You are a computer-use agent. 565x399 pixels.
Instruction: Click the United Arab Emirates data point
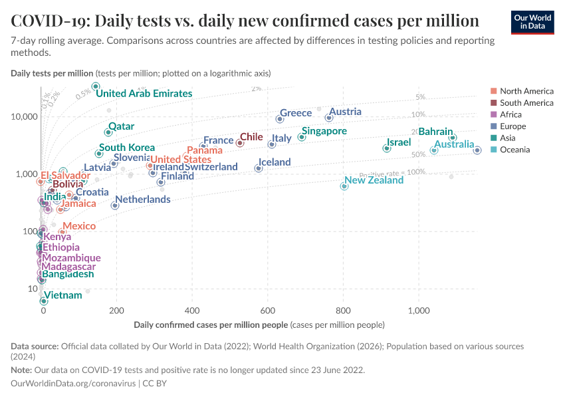coord(96,86)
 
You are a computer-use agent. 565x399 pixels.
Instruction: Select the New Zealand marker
coord(344,186)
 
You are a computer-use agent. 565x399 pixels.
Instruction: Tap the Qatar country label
coord(121,126)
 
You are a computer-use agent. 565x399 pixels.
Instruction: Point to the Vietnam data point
coord(44,301)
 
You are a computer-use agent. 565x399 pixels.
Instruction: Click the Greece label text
coord(296,113)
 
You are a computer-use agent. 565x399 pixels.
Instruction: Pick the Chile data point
coord(240,142)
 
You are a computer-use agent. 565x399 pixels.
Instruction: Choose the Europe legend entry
coord(512,126)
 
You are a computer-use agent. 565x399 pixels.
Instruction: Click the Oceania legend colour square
coord(493,150)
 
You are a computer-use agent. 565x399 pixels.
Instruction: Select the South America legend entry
coord(526,103)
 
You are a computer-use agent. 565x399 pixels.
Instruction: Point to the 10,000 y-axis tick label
coord(24,117)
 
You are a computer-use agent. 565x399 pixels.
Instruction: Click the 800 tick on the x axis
coord(343,311)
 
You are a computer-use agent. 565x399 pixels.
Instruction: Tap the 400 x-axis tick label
coord(192,311)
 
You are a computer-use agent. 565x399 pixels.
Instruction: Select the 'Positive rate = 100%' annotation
coord(396,172)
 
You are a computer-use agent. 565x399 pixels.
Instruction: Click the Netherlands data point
coord(115,205)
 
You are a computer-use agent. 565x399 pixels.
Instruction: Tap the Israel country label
coord(399,143)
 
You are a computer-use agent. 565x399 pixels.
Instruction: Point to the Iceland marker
coord(259,168)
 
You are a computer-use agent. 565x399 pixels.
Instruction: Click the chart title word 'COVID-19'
coord(51,21)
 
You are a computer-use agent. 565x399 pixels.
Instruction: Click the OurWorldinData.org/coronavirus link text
coord(73,384)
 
